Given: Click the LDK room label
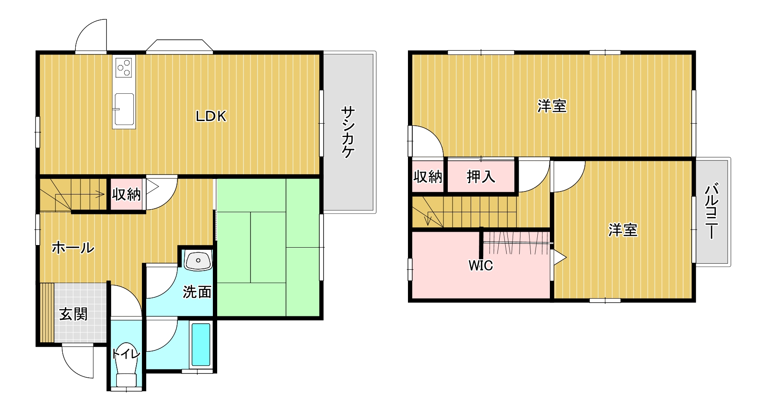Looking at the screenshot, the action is click(211, 116).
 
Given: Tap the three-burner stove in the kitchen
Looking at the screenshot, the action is click(124, 67).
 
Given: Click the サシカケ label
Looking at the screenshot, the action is click(348, 132).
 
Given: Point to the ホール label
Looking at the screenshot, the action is click(73, 248).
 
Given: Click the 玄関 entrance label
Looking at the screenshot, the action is click(73, 314).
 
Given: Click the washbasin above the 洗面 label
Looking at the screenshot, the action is click(199, 260).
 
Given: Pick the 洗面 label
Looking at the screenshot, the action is click(197, 292).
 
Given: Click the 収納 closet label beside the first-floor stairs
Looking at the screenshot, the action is click(126, 194).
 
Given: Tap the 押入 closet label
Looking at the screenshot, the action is click(481, 177).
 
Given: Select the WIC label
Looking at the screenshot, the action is click(481, 265).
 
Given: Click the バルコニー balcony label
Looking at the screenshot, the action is click(711, 212).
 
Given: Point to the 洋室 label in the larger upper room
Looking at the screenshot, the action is click(552, 106).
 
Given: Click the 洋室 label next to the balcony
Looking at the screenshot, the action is click(623, 230).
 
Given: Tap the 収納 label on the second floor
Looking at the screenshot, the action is click(428, 177).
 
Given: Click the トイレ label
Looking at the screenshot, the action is click(126, 354).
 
